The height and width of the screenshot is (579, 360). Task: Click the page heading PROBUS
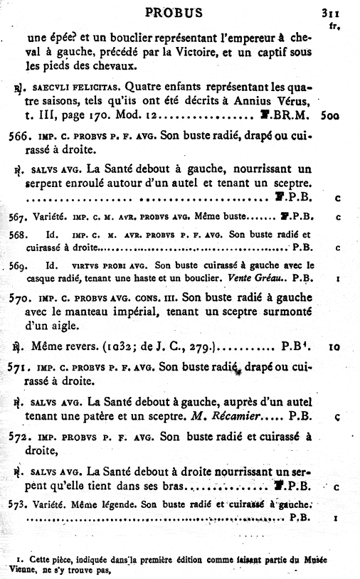click(x=174, y=12)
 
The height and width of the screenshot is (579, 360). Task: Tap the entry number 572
click(x=16, y=436)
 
